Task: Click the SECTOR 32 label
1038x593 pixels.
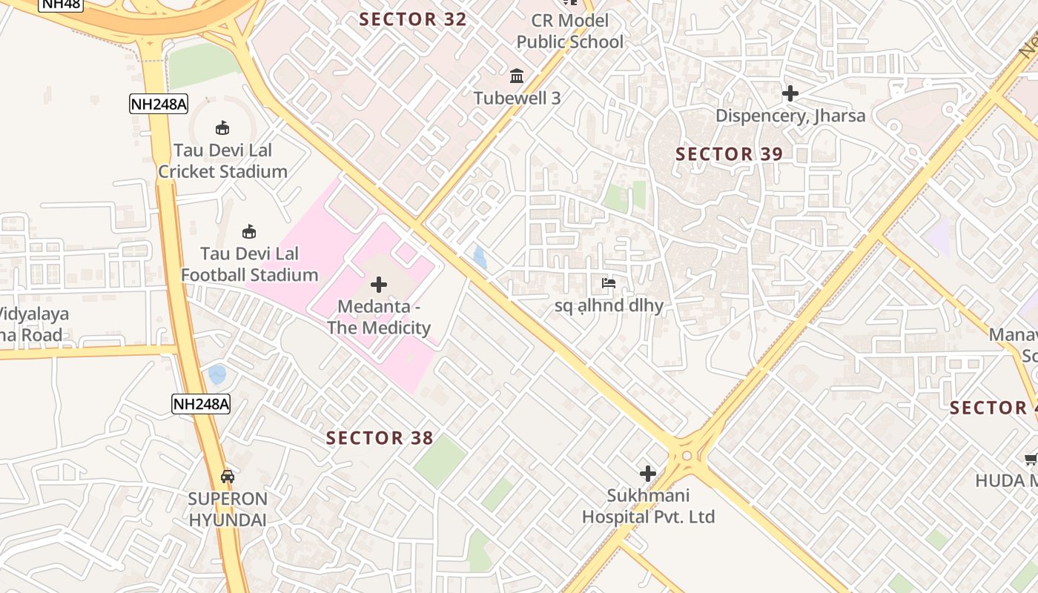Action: pos(413,19)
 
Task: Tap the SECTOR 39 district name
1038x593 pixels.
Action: pos(730,154)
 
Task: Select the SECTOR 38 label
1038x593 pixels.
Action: pos(380,438)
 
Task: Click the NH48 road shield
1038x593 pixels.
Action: pos(61,4)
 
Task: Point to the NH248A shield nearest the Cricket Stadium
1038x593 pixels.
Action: pos(158,104)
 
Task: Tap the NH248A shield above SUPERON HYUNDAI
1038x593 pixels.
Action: pos(201,404)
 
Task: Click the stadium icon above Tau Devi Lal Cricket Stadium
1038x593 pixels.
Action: pos(222,128)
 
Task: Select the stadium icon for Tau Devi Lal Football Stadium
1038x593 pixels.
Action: pos(249,232)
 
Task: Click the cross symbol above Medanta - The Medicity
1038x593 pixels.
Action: pos(379,285)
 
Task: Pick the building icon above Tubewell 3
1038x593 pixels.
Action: pos(517,76)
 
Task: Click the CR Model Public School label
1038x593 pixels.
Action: pos(569,31)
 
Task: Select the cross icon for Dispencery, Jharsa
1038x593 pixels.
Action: pos(790,93)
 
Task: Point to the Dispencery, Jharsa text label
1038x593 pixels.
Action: pos(790,116)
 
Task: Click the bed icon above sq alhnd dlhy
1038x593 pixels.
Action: pos(609,283)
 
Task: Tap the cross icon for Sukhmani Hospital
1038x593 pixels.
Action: pos(648,474)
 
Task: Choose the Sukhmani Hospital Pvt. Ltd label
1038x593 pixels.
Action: pos(648,506)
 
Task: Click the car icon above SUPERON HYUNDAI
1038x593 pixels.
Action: pos(228,477)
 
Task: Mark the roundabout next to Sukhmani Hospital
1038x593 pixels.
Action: pos(687,454)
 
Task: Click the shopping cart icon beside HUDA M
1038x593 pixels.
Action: pos(1030,460)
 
